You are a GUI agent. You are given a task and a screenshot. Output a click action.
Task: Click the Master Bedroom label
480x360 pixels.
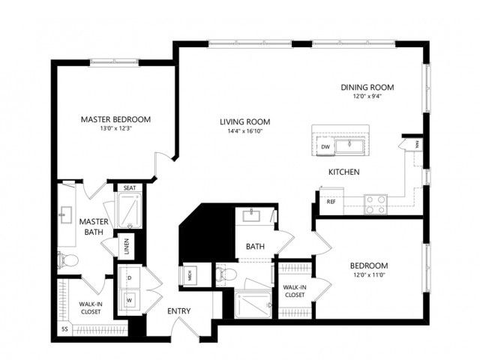115,119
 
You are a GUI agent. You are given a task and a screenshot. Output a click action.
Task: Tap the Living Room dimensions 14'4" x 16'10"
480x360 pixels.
245,131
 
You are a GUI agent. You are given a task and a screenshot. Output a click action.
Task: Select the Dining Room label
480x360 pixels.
367,87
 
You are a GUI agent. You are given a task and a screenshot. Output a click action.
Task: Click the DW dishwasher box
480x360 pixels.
325,147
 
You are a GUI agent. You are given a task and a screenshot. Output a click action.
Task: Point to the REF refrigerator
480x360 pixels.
331,202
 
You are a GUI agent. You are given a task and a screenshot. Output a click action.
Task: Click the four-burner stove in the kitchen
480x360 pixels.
376,205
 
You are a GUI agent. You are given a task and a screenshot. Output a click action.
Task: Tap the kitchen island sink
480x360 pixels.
349,146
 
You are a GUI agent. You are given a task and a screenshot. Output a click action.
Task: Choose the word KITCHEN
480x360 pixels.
344,172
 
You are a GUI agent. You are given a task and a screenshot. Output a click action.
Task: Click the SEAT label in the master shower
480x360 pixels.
130,188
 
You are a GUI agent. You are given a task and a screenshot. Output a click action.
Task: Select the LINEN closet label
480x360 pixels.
127,247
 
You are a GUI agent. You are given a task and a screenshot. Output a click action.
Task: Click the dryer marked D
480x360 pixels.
130,277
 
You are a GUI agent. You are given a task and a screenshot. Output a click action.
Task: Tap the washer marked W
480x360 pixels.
129,300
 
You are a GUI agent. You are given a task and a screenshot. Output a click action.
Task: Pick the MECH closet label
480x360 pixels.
190,277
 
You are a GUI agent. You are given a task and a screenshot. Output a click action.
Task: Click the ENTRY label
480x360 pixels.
179,311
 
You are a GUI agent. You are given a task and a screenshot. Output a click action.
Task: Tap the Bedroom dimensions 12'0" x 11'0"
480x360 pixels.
369,275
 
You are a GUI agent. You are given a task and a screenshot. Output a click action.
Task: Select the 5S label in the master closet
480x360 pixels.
64,329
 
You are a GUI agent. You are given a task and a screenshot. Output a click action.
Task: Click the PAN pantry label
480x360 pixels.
417,145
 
